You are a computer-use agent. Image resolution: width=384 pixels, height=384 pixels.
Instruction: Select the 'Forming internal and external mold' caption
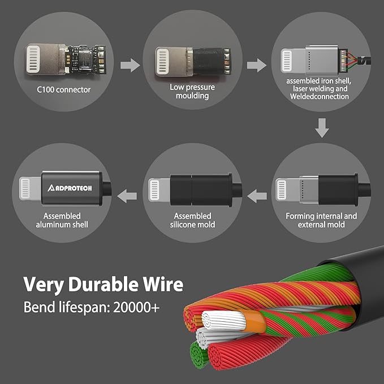[321, 220]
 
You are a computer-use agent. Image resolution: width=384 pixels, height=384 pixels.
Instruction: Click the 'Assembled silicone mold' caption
[192, 220]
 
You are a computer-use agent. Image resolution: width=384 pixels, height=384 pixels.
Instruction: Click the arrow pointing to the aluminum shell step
[126, 196]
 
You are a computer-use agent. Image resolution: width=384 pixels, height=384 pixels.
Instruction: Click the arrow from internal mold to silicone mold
[257, 196]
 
